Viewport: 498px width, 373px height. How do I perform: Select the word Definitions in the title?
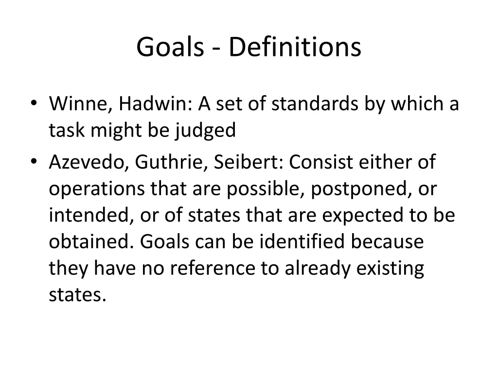tap(295, 48)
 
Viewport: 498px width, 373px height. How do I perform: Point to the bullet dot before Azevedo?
tap(33, 162)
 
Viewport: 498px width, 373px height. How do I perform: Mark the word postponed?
tap(359, 189)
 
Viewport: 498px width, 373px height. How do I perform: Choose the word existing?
tap(389, 269)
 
